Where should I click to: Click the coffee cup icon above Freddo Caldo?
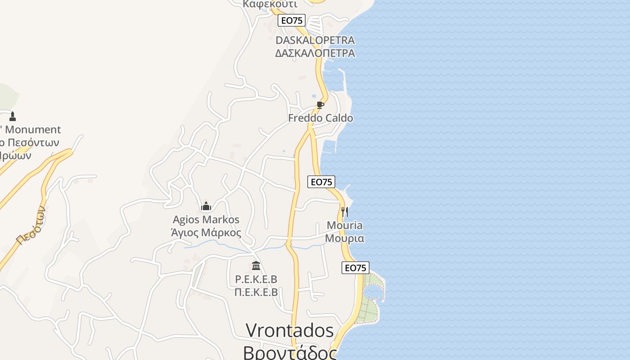(x=320, y=105)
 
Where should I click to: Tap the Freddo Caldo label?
(x=320, y=118)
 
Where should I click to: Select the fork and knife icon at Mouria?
(x=345, y=212)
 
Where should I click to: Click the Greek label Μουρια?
(x=345, y=238)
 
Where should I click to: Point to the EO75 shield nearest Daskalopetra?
(x=292, y=20)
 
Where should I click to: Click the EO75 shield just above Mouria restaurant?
(x=321, y=182)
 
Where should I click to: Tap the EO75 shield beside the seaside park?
(x=355, y=268)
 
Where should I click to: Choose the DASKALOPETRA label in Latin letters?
(x=315, y=40)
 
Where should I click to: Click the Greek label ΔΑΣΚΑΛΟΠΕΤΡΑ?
(x=315, y=53)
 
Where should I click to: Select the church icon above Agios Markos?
(x=206, y=206)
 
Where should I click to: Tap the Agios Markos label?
(x=206, y=220)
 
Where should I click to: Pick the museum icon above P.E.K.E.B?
(x=256, y=265)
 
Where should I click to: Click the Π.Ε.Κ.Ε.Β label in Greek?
(x=256, y=292)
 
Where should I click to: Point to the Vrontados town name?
(x=290, y=331)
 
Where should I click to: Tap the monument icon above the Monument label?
(x=13, y=117)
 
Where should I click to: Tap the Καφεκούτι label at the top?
(x=270, y=4)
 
